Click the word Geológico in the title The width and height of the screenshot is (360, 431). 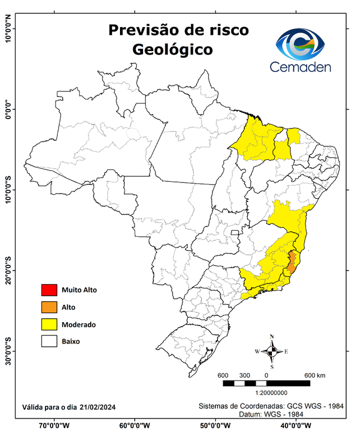[x=173, y=49]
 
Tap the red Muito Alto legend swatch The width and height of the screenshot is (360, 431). [x=49, y=290]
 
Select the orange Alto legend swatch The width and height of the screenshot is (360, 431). [x=49, y=307]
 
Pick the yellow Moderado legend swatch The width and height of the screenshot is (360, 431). [x=49, y=324]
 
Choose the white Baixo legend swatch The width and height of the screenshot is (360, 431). [x=49, y=341]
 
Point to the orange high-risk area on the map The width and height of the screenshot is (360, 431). [x=292, y=262]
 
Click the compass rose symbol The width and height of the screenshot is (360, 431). [x=271, y=352]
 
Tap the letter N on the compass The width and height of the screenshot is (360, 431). [x=272, y=337]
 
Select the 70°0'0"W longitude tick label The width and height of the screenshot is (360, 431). [x=54, y=425]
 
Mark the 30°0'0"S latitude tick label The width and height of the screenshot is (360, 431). [x=8, y=351]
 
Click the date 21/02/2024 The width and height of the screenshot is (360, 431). [x=98, y=407]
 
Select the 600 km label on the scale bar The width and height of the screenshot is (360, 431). [x=315, y=375]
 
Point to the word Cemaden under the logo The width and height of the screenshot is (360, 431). [x=301, y=67]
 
